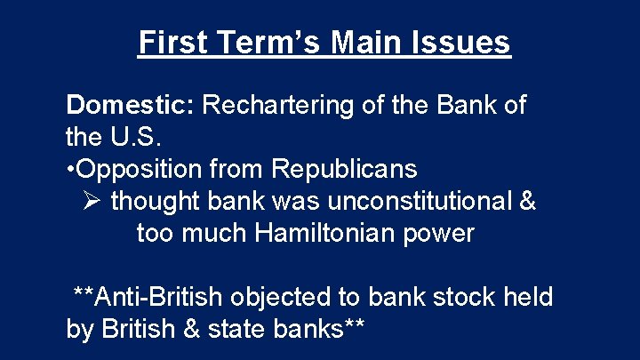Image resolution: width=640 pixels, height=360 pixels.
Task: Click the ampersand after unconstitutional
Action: (x=525, y=202)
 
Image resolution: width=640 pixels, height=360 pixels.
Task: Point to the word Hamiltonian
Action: (x=331, y=234)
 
